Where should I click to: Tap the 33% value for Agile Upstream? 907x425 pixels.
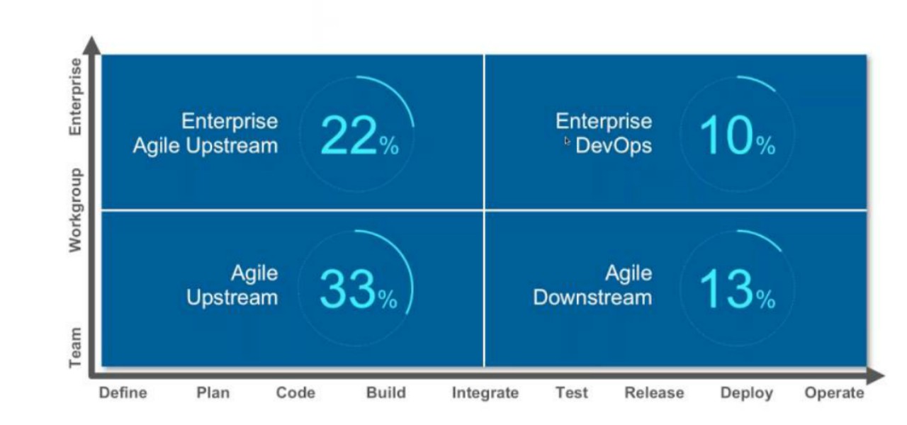click(359, 289)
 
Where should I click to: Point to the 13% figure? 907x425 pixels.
click(738, 289)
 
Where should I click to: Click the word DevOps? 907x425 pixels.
click(614, 146)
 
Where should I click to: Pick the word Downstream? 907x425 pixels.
click(592, 297)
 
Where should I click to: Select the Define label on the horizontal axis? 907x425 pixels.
click(123, 392)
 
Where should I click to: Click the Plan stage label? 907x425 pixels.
click(213, 392)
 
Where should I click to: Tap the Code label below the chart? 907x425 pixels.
click(295, 392)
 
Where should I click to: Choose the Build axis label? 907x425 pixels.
click(386, 392)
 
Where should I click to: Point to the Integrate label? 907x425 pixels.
click(485, 393)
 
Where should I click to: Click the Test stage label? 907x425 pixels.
click(571, 392)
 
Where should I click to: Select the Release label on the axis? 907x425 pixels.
click(654, 392)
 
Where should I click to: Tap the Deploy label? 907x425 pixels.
click(747, 393)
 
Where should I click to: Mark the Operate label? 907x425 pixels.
click(834, 393)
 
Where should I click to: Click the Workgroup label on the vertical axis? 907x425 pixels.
click(76, 210)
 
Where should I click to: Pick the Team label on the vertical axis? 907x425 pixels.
click(75, 348)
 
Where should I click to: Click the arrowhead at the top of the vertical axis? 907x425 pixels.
click(92, 45)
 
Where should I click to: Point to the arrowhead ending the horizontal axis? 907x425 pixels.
click(875, 376)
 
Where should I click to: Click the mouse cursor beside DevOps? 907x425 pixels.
click(567, 141)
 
